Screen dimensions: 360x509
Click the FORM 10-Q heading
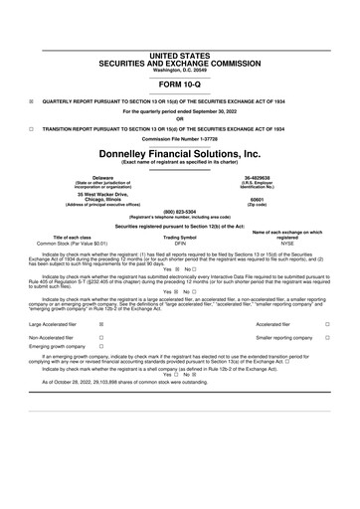[x=179, y=85]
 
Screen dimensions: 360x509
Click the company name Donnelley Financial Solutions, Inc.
[x=179, y=155]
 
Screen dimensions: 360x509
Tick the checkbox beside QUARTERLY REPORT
[x=31, y=101]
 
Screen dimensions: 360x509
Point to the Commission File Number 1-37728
[x=179, y=138]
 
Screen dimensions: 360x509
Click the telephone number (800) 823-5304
[x=179, y=211]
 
